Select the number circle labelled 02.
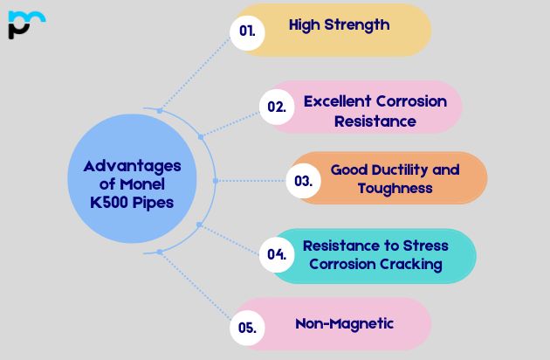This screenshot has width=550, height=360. tap(276, 107)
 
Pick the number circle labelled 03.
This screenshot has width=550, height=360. tap(303, 182)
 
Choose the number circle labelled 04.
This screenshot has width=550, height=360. tap(277, 255)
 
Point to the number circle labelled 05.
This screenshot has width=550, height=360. tap(247, 329)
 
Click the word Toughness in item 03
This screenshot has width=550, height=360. tap(394, 187)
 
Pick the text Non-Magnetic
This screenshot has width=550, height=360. tap(344, 323)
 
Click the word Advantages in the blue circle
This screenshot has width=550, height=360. tap(133, 166)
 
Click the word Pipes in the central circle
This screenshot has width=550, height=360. tap(148, 203)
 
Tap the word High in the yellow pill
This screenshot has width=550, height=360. tap(305, 25)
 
